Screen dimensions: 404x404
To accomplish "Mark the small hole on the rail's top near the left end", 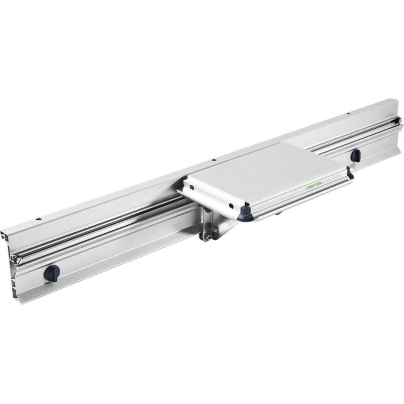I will tap(38, 219).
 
